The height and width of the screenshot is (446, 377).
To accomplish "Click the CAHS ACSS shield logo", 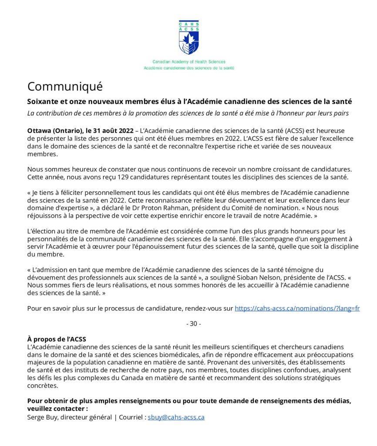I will (x=188, y=37).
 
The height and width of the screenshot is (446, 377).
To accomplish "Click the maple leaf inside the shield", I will (x=189, y=41).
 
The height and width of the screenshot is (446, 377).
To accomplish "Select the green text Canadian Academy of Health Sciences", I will (x=189, y=62).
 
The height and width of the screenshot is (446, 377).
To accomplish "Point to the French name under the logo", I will (x=189, y=68).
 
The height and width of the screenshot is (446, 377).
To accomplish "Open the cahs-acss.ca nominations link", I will (x=297, y=308).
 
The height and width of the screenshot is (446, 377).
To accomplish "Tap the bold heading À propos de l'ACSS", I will (x=56, y=339).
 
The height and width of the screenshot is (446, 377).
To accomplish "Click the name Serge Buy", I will (x=43, y=417).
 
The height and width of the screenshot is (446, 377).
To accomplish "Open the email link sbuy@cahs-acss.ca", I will (x=176, y=417).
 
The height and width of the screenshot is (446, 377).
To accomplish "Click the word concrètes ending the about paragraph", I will (x=42, y=385).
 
